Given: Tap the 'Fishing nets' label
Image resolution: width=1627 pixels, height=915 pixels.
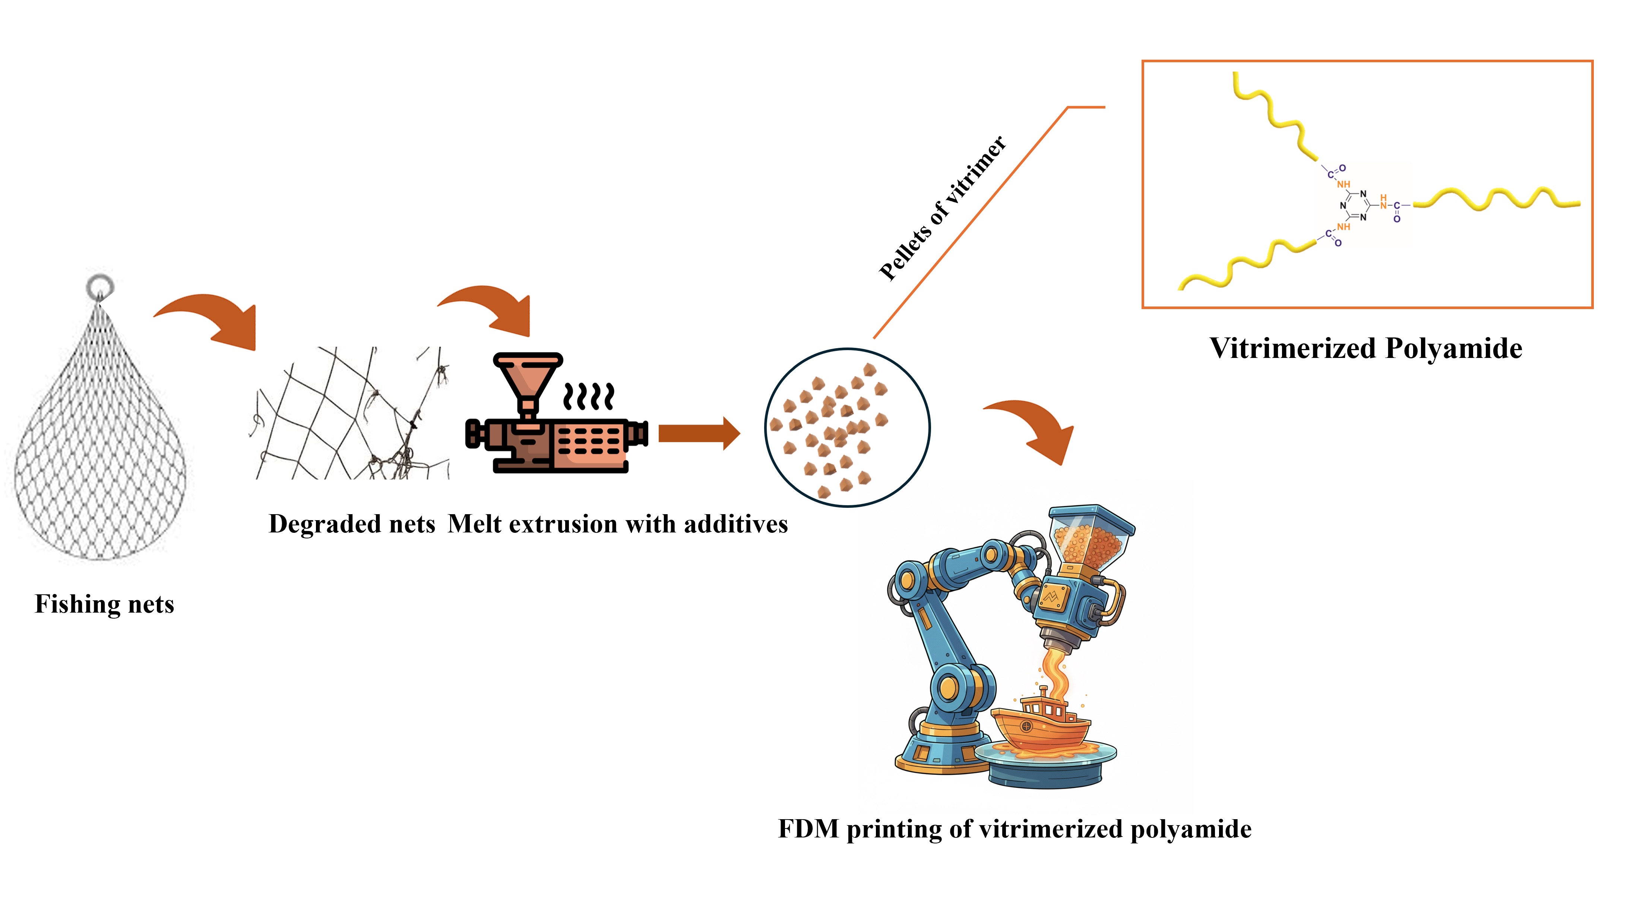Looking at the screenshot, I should [x=104, y=604].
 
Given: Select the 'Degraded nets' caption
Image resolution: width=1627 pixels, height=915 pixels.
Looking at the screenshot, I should [x=352, y=524].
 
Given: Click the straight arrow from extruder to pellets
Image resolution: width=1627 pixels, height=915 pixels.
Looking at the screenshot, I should [x=698, y=434].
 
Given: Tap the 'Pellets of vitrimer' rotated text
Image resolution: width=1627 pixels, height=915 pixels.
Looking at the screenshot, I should [x=942, y=208].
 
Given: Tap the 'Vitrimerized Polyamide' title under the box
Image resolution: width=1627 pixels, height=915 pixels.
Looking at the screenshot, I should [x=1365, y=348].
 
